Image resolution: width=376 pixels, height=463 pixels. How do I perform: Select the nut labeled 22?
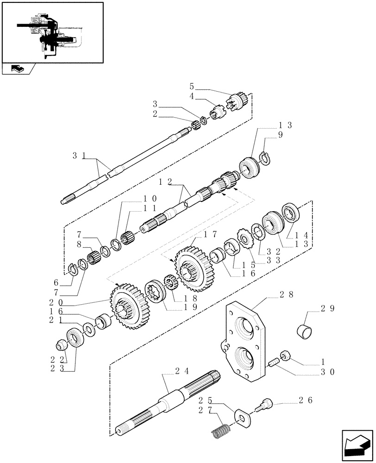[61, 345]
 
